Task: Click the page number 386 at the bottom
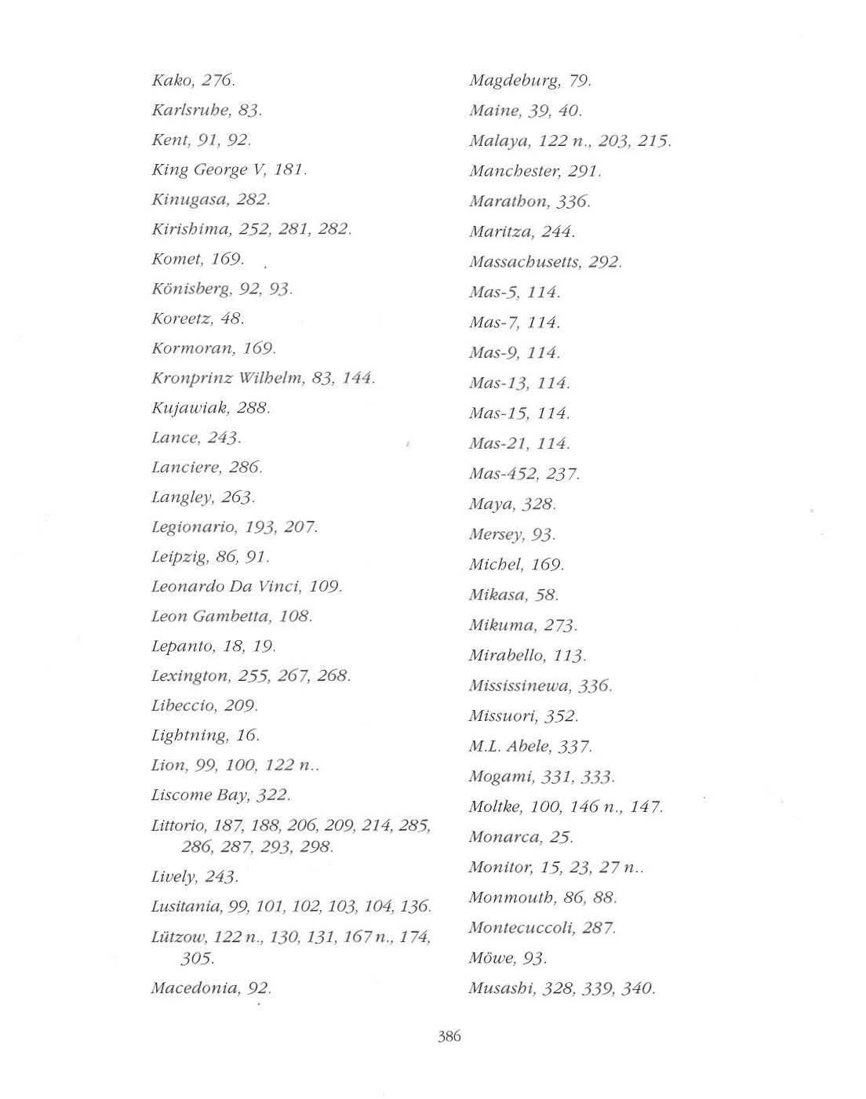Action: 449,1036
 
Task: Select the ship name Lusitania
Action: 185,907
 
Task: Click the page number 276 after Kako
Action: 218,80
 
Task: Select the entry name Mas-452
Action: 501,474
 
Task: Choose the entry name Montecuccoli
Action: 521,928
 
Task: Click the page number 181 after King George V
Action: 289,169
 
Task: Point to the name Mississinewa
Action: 519,686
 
